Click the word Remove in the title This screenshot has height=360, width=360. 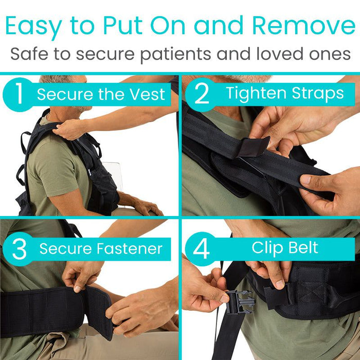point(304,25)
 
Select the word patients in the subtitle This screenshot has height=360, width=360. point(176,55)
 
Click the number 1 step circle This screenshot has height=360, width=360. point(19,95)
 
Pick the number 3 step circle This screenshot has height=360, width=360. point(19,249)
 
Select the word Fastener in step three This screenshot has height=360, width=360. point(130,248)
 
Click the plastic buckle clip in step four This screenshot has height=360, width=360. point(240,301)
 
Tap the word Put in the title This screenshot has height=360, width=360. point(123,25)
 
